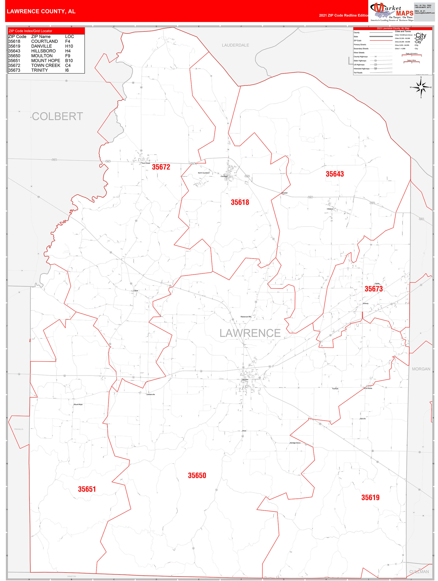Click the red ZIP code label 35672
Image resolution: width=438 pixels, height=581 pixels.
pos(161,167)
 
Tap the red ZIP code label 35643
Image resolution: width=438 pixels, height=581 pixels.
pos(334,174)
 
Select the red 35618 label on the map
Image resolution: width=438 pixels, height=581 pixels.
pos(240,202)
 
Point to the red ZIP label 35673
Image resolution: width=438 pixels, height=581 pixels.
pos(373,289)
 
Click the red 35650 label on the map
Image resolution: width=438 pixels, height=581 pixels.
pos(197,475)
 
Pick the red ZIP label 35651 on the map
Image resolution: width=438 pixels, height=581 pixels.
pos(87,489)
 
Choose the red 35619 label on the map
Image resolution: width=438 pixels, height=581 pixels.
pos(370,497)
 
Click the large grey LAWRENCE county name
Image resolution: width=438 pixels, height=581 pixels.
pos(250,333)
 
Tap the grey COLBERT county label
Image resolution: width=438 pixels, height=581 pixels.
pos(57,116)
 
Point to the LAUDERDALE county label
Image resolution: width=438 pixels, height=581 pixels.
pos(235,45)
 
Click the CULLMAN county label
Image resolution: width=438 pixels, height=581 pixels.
pos(419,572)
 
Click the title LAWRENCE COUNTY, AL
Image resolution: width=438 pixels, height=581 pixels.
pos(41,11)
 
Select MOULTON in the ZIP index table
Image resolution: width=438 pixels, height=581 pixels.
pos(42,56)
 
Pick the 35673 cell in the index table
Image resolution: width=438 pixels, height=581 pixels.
pos(14,70)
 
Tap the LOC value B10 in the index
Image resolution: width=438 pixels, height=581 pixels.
pos(69,60)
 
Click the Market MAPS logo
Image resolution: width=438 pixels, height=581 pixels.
pos(392,12)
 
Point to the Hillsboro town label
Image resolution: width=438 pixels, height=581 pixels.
pos(330,209)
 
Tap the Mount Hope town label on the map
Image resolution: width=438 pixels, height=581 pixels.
pos(78,404)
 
